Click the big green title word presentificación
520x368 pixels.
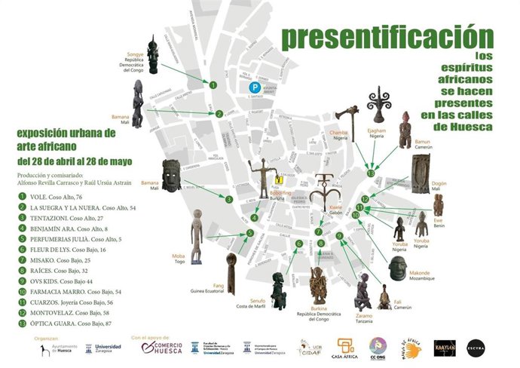click(387, 35)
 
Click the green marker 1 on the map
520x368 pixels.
click(213, 85)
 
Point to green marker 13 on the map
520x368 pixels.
click(370, 173)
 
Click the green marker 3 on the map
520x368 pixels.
click(228, 200)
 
